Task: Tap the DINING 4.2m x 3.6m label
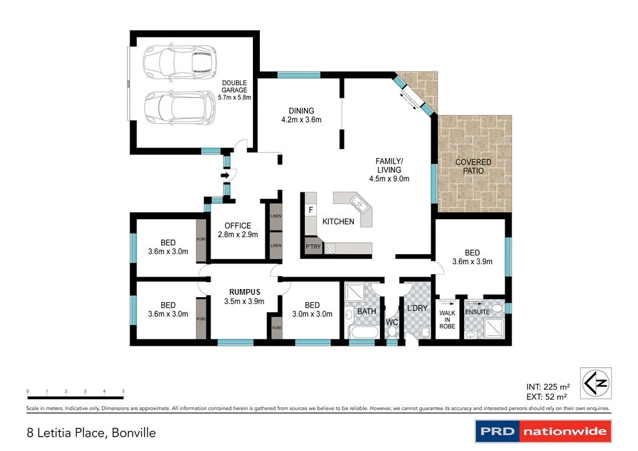click(x=301, y=115)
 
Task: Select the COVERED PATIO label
click(x=473, y=166)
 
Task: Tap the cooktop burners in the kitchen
click(x=331, y=248)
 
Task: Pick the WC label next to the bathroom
click(x=391, y=322)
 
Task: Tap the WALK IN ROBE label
click(x=447, y=319)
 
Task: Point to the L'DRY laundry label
click(x=417, y=308)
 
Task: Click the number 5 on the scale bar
click(x=123, y=391)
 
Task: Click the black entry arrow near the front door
click(x=224, y=176)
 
